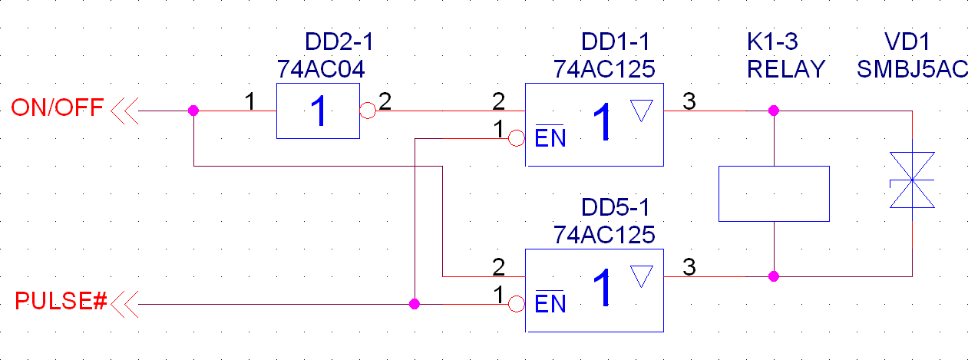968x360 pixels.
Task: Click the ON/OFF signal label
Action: (x=57, y=108)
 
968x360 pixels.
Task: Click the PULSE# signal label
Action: (x=61, y=302)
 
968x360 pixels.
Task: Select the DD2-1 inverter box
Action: (x=318, y=111)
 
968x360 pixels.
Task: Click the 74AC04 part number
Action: (x=321, y=69)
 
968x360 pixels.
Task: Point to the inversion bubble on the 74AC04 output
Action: (x=368, y=111)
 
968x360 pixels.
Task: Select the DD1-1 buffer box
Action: (x=593, y=124)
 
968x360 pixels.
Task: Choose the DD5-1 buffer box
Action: (x=593, y=290)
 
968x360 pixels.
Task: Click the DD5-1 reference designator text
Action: (x=618, y=207)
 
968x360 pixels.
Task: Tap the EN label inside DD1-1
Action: (x=550, y=139)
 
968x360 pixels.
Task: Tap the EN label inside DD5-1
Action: (x=550, y=305)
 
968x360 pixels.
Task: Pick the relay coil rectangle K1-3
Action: (x=773, y=193)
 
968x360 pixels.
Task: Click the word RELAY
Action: (x=785, y=69)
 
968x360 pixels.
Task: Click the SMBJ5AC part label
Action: (x=912, y=69)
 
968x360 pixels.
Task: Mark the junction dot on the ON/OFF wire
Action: (x=193, y=111)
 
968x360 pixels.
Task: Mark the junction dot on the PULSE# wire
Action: (x=415, y=304)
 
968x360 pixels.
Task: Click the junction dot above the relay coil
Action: (x=773, y=111)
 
